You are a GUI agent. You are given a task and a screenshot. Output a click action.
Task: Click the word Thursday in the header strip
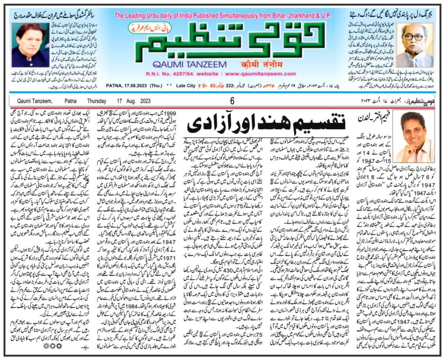97,101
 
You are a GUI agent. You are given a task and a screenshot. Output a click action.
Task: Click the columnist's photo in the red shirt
418,137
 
